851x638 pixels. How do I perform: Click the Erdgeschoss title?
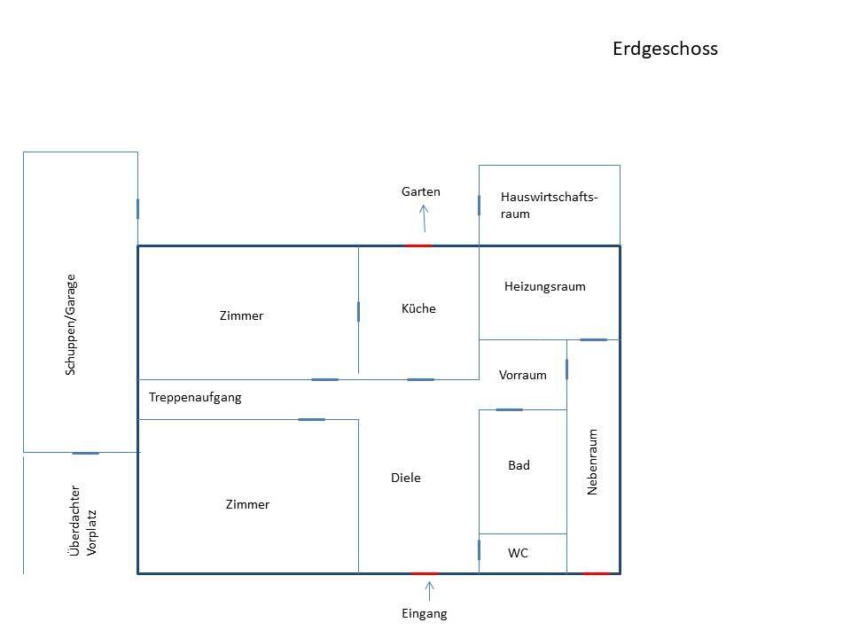(665, 49)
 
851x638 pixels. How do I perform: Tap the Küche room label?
(418, 308)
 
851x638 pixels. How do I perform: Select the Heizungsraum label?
(544, 286)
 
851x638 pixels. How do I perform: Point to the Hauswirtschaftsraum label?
(549, 205)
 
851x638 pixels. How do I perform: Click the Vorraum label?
(522, 375)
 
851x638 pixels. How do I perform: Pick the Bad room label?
(519, 465)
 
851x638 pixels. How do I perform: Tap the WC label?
(518, 553)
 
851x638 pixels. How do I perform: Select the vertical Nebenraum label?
(593, 462)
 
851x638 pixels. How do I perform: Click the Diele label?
(405, 478)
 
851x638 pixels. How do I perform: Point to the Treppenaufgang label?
(195, 397)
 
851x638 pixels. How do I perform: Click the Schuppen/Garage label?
(71, 323)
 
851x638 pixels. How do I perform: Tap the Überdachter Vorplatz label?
(83, 520)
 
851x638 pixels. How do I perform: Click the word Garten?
(420, 191)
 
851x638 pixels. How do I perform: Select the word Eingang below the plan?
(425, 613)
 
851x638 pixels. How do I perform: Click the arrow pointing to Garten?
(425, 217)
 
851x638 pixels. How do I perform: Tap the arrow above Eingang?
(430, 588)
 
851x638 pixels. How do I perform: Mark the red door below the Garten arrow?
(418, 245)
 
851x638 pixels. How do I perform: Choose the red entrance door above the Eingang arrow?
(425, 573)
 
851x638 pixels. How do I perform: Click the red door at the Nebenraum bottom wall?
(596, 573)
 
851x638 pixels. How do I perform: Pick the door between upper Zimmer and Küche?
(358, 311)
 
